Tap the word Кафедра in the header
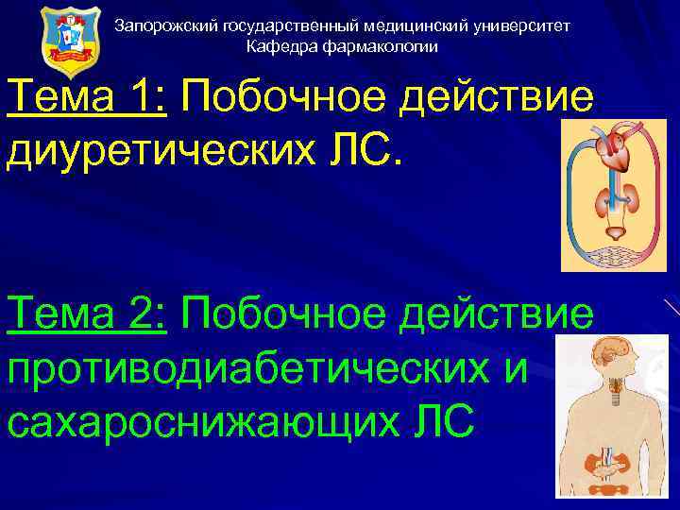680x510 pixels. [x=276, y=46]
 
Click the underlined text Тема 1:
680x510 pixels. [x=87, y=95]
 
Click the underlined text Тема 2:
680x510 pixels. [x=87, y=313]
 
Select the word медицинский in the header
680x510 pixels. [x=416, y=26]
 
